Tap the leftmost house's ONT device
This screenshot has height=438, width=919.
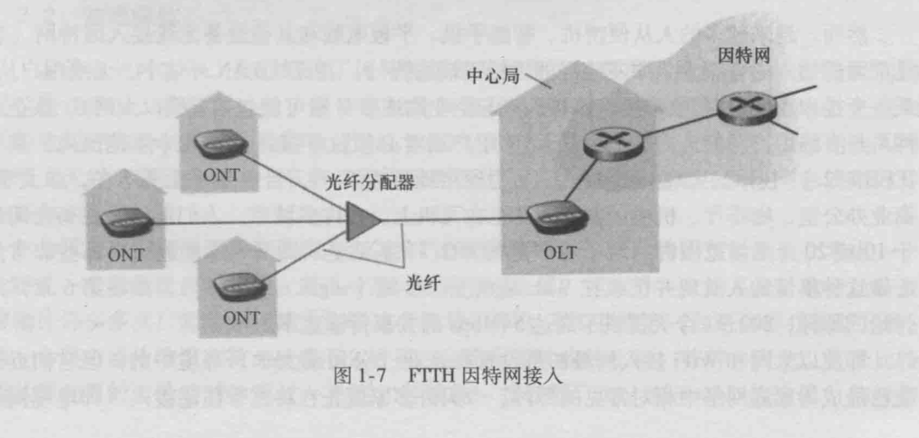tap(126, 222)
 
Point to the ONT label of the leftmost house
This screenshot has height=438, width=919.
tap(126, 254)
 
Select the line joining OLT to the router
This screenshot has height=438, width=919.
tap(579, 182)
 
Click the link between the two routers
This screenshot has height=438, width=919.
tap(673, 125)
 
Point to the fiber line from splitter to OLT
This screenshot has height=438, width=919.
tap(453, 219)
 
